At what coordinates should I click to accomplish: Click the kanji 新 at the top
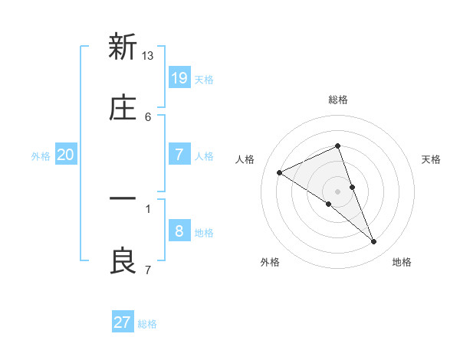[123, 47]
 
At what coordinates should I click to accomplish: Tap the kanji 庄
[123, 109]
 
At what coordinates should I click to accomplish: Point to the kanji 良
[123, 261]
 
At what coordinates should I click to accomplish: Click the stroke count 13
[148, 55]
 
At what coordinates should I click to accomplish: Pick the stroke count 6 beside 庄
[148, 116]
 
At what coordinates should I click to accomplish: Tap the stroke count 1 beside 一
[148, 208]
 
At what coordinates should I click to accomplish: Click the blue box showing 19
[179, 77]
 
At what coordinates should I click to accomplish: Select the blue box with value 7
[179, 154]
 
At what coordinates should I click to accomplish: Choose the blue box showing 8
[179, 231]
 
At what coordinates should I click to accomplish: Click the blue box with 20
[65, 155]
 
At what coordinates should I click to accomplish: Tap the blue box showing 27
[123, 322]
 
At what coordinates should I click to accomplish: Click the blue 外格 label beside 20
[41, 155]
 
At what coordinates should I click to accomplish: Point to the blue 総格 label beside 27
[147, 324]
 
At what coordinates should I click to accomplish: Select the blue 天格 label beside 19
[204, 79]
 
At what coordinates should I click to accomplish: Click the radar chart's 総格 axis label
[337, 100]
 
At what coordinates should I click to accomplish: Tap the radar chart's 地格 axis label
[402, 262]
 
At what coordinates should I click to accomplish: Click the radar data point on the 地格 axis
[374, 242]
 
